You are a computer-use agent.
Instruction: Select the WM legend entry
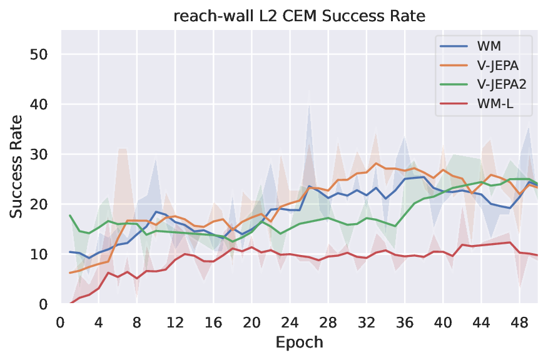click(x=487, y=46)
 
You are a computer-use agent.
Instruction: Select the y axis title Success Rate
click(x=17, y=166)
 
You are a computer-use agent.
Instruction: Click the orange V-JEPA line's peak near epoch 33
click(x=376, y=164)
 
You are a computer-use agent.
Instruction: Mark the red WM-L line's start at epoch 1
click(x=70, y=304)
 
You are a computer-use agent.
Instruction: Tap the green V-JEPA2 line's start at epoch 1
click(x=70, y=216)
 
